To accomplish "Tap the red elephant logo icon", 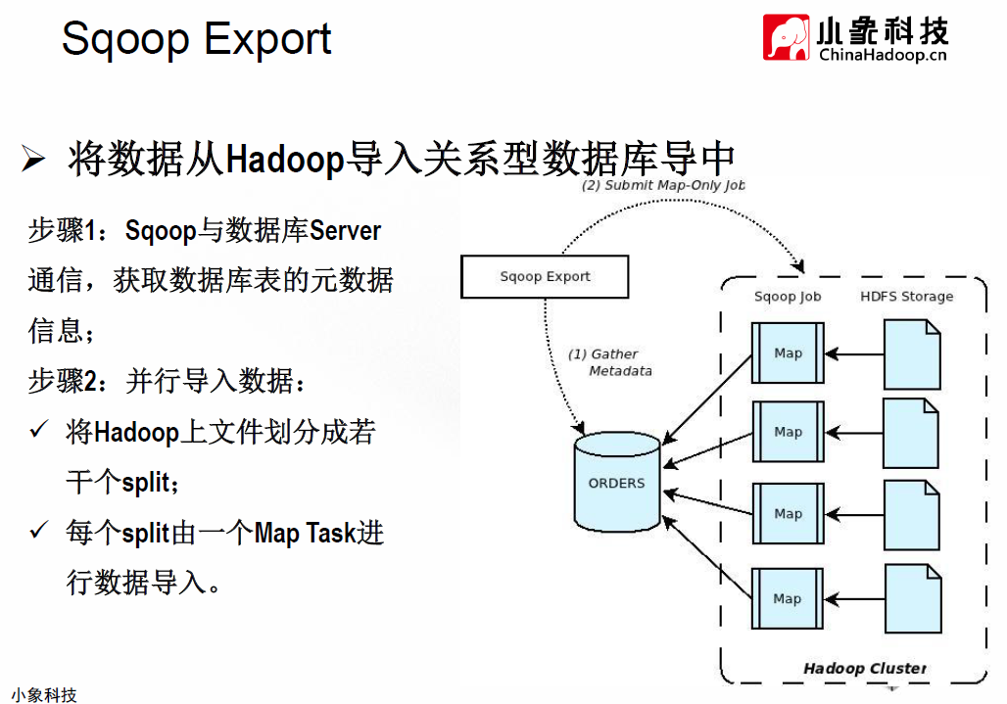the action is tap(786, 37).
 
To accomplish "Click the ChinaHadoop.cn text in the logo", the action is tap(883, 55).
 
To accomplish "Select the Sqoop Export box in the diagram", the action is tap(545, 276).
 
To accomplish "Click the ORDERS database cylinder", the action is tap(617, 482).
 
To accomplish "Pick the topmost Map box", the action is tap(788, 352).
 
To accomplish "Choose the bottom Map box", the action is tap(788, 599).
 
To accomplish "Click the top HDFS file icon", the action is tap(912, 354).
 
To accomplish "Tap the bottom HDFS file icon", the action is tap(913, 599).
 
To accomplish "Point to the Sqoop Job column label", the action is tap(788, 297).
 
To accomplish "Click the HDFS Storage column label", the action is tap(907, 297).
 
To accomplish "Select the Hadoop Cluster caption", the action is tap(865, 668).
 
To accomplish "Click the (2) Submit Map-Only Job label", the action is tap(663, 185).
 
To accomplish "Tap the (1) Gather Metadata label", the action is tap(610, 362).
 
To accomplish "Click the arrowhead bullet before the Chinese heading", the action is tap(33, 159).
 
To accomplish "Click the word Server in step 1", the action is tap(345, 230).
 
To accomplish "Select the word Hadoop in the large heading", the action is tap(285, 160).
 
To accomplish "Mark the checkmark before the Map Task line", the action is tap(39, 530).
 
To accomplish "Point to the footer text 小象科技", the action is tap(44, 694).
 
